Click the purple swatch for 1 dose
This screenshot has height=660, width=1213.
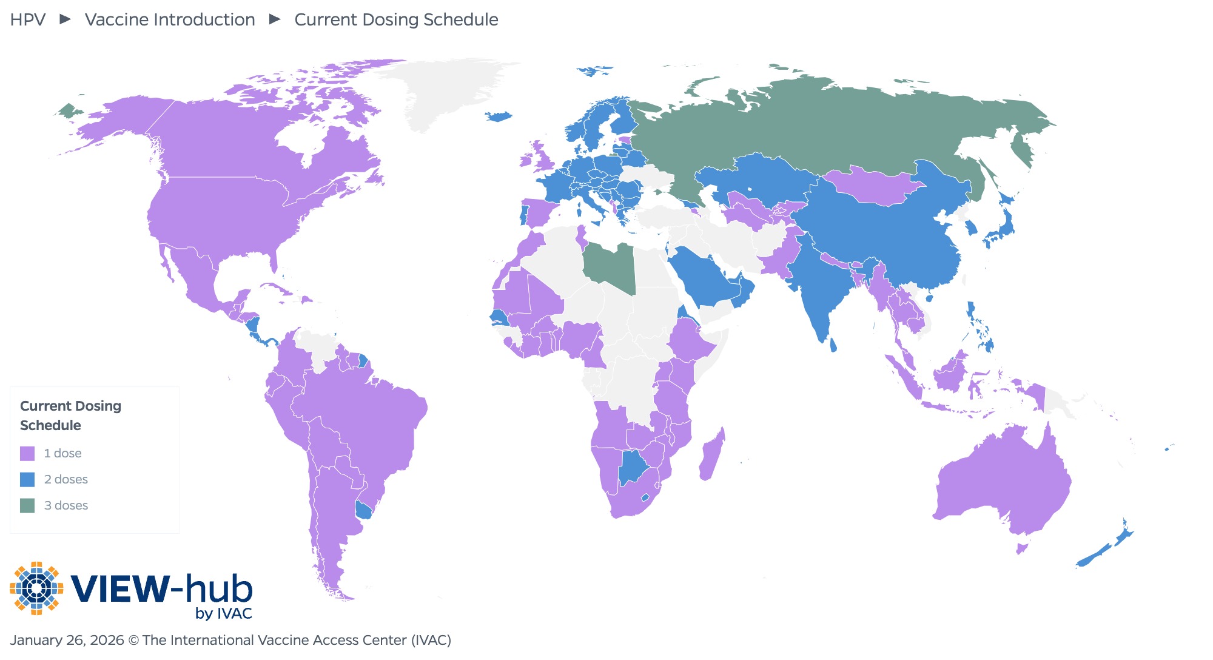pyautogui.click(x=27, y=453)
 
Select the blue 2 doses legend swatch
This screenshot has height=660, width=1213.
pyautogui.click(x=27, y=479)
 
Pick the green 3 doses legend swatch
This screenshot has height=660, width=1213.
pyautogui.click(x=27, y=505)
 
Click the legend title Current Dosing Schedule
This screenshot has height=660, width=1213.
pyautogui.click(x=70, y=416)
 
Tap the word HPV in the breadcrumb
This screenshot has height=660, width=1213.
pyautogui.click(x=28, y=19)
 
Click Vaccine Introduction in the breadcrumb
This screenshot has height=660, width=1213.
pyautogui.click(x=170, y=19)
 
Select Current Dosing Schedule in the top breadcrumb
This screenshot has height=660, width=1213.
pyautogui.click(x=396, y=19)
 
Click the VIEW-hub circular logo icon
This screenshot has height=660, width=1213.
pyautogui.click(x=36, y=588)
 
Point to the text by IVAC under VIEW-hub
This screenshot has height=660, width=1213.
pyautogui.click(x=223, y=613)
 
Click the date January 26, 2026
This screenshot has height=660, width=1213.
pyautogui.click(x=67, y=640)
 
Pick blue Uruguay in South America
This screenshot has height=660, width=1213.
pyautogui.click(x=363, y=510)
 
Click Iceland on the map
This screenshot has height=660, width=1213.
pyautogui.click(x=499, y=116)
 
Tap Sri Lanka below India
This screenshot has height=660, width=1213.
pyautogui.click(x=833, y=345)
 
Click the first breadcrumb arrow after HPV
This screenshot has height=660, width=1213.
pyautogui.click(x=65, y=19)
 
